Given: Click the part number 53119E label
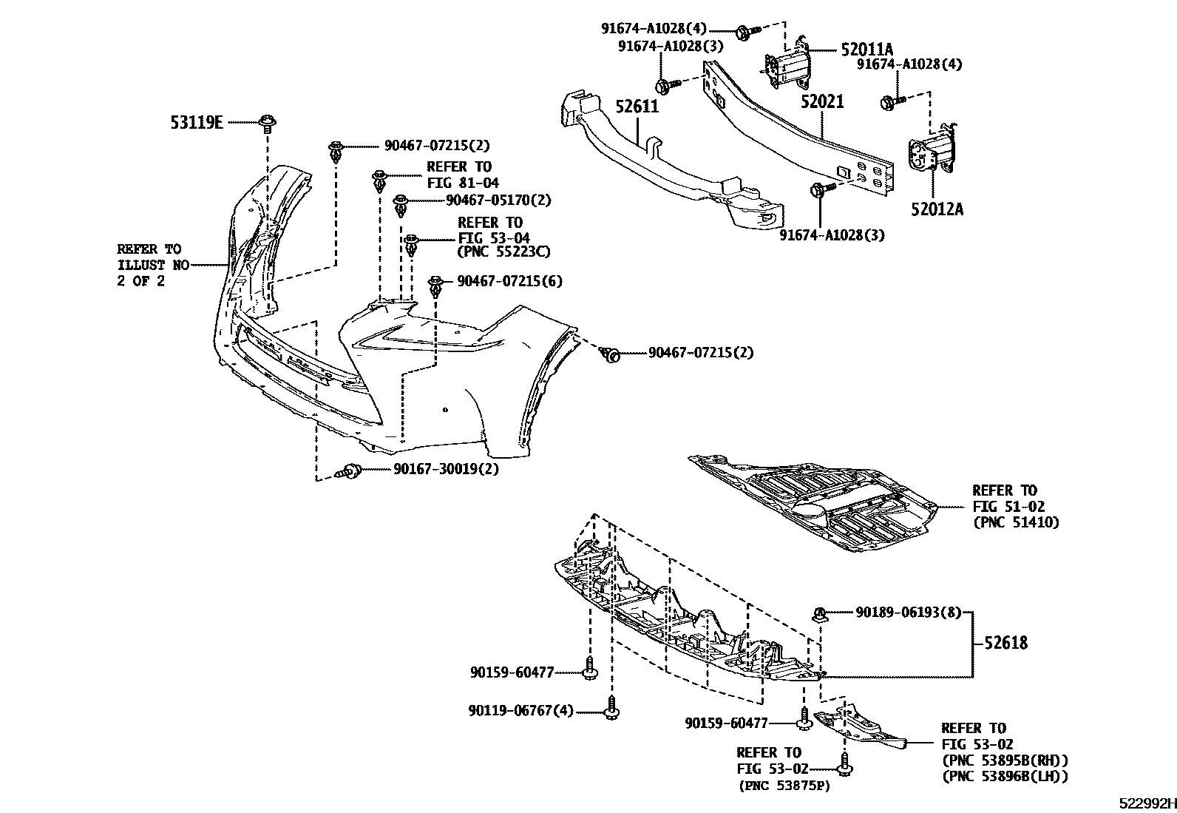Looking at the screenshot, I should click(x=197, y=123).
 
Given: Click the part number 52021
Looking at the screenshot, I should click(x=822, y=101).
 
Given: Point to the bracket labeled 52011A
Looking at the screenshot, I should click(x=787, y=65).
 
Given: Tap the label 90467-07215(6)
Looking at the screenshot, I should click(x=509, y=281).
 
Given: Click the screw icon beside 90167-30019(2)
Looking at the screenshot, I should click(x=350, y=470).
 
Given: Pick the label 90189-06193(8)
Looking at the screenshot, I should click(x=909, y=612).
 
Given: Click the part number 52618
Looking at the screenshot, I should click(x=1005, y=643).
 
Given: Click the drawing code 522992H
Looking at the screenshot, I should click(x=1146, y=803).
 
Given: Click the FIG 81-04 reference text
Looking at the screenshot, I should click(x=462, y=182).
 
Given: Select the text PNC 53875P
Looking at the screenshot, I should click(x=784, y=785).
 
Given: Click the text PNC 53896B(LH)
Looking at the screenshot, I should click(x=1005, y=776).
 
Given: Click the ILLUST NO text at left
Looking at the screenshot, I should click(x=153, y=265).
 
